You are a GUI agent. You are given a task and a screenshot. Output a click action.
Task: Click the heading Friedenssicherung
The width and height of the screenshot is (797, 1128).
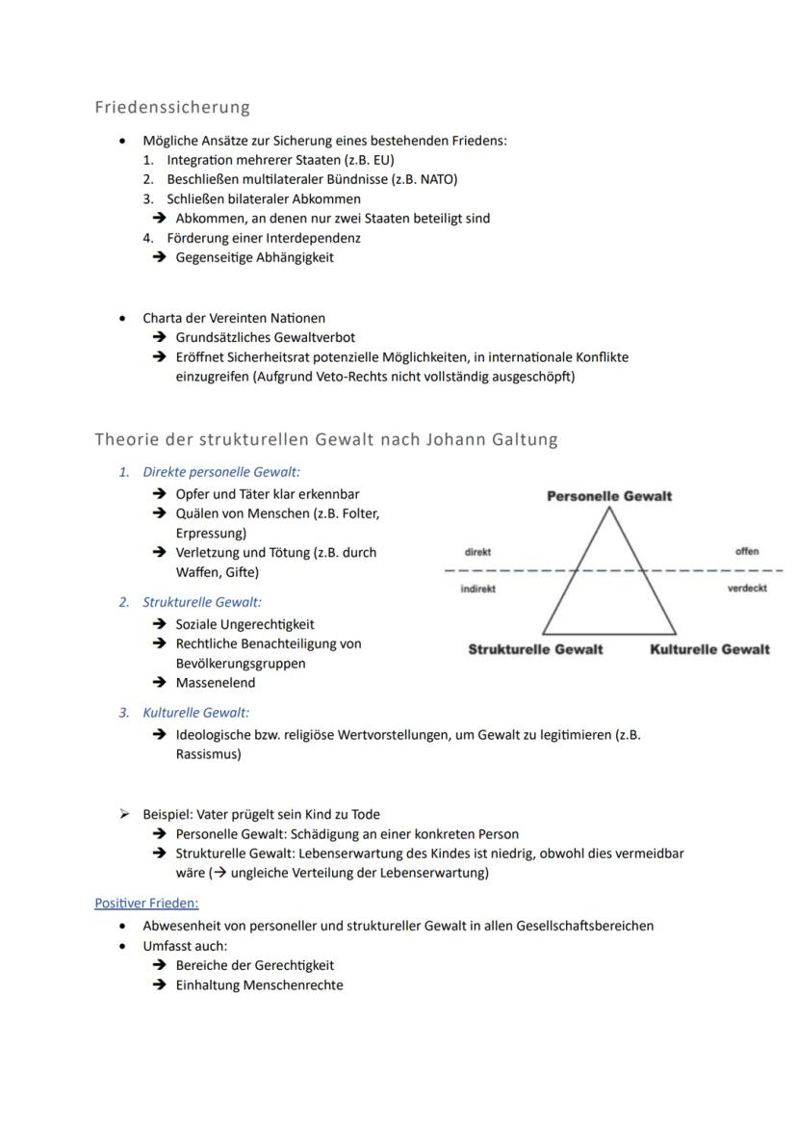[172, 107]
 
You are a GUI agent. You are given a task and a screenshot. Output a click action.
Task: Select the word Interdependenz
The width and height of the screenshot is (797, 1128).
[317, 238]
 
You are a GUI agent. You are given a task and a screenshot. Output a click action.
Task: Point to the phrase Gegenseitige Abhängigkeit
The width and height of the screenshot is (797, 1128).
[254, 257]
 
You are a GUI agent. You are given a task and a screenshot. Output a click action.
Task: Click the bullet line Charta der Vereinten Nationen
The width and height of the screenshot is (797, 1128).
[234, 318]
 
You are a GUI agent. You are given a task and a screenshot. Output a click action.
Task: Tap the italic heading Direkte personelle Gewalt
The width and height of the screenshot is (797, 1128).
[221, 472]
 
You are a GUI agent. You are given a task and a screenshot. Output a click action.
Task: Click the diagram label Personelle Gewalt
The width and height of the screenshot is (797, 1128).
[609, 496]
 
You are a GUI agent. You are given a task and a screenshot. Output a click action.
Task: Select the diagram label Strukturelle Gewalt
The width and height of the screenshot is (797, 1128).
[535, 649]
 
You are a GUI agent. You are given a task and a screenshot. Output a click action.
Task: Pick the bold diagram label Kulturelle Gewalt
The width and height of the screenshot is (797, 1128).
[709, 649]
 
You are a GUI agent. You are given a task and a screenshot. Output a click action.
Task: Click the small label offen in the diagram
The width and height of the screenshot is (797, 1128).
[746, 552]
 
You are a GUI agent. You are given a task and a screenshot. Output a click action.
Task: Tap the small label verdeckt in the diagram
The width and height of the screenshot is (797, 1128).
[747, 589]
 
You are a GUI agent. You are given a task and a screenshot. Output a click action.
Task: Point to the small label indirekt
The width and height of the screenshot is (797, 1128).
[477, 589]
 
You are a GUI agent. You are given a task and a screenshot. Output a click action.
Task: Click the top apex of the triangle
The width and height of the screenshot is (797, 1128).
[608, 509]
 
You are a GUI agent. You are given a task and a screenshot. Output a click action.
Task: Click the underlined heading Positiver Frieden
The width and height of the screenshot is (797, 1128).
[146, 904]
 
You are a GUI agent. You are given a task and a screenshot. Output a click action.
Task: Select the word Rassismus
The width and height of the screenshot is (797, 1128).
[208, 754]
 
